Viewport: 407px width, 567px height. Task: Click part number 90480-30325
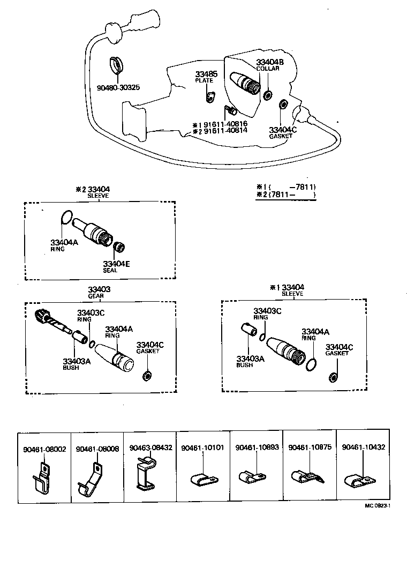(118, 87)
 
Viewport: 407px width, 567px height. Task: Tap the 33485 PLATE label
(204, 77)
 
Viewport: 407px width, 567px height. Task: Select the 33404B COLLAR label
(269, 65)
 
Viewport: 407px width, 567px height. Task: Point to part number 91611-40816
(224, 124)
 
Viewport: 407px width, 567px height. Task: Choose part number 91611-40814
(224, 130)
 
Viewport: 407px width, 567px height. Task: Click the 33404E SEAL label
(117, 266)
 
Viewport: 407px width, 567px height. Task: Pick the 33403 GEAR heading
(99, 292)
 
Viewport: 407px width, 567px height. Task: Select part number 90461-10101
(202, 447)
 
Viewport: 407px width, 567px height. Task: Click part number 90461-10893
(257, 447)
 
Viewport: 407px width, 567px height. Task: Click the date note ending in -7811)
(285, 186)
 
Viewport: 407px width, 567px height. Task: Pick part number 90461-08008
(97, 447)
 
